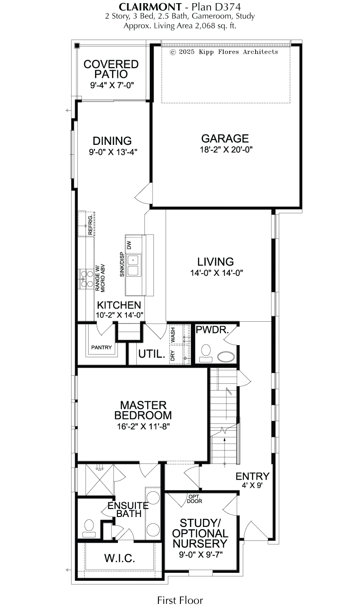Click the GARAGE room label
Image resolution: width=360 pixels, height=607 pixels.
(225, 139)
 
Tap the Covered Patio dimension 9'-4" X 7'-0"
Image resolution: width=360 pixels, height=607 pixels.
(112, 85)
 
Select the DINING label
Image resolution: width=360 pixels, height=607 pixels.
(112, 141)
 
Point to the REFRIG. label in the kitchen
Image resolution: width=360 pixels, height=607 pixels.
(90, 225)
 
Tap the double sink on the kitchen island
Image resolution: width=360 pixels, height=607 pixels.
(133, 265)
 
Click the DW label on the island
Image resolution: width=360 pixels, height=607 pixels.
(129, 245)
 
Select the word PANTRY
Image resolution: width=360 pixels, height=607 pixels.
(101, 347)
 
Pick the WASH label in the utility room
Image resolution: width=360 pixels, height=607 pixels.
(173, 335)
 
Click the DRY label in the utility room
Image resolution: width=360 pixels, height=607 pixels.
(173, 355)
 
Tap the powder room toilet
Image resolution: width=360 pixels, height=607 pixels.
(206, 353)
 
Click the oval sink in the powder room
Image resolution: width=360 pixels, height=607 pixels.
(227, 357)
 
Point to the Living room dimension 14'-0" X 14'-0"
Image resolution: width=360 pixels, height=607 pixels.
(216, 273)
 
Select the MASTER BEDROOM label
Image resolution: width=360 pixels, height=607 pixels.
(143, 410)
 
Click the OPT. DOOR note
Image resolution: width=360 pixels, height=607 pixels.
(194, 499)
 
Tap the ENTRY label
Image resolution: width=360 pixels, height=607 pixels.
(252, 476)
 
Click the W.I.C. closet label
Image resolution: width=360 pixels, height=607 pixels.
(120, 558)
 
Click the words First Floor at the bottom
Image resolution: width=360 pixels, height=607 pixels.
(180, 600)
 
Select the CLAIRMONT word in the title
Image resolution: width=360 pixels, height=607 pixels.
(150, 6)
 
